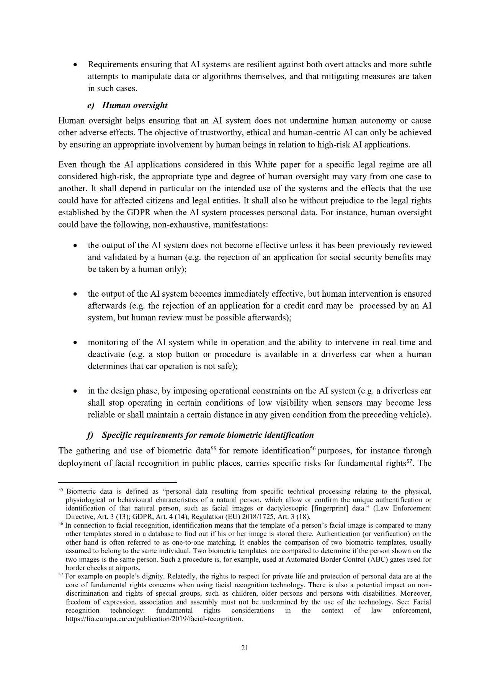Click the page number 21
[245, 648]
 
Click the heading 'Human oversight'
[135, 106]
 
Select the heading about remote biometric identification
[208, 435]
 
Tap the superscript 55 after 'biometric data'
[214, 448]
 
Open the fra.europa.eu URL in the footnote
[154, 619]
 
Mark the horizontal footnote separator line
[117, 482]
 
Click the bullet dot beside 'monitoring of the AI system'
[75, 343]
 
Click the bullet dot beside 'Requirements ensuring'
[75, 65]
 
